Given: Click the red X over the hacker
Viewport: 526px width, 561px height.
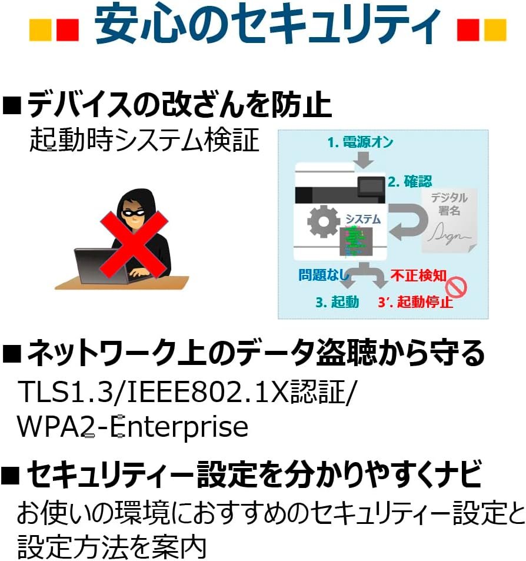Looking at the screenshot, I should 134,242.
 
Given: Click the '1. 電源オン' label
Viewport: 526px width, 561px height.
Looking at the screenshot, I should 360,142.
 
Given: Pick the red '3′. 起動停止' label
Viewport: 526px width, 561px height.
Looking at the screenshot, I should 415,303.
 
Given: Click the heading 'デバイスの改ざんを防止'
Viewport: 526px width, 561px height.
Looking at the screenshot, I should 179,106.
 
